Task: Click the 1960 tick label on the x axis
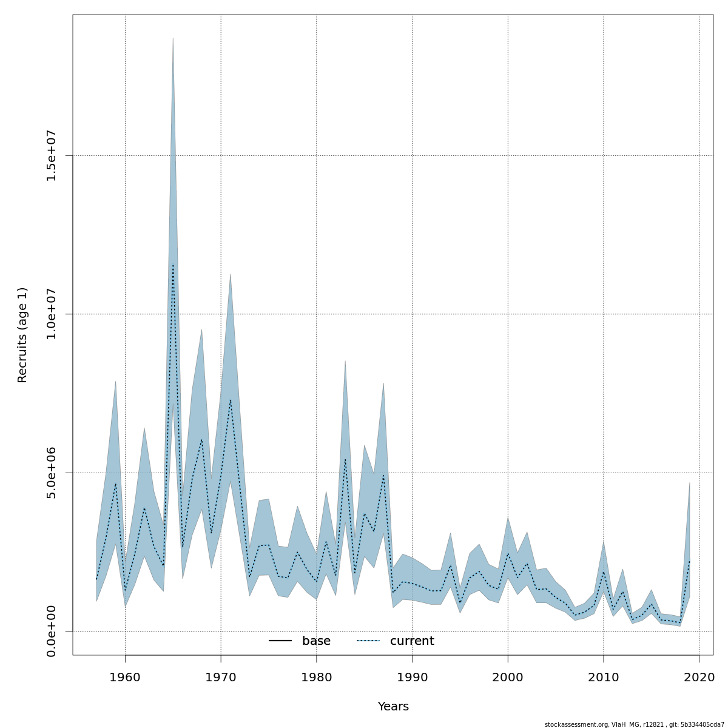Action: pos(125,676)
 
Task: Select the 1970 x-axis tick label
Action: pos(221,676)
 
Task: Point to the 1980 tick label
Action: pos(317,676)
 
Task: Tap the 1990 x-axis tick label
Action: pos(412,676)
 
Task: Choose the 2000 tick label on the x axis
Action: pos(508,676)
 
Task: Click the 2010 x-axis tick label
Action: pos(604,676)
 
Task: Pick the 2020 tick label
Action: pos(699,676)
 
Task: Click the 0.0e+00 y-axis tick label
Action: pos(52,631)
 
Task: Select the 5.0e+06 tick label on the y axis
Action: pos(52,473)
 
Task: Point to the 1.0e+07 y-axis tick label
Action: pos(52,314)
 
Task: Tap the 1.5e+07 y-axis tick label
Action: pos(52,156)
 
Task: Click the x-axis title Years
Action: pos(393,707)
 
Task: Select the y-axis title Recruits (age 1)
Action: pos(22,335)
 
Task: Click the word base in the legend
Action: pos(316,641)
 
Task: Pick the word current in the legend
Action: pos(412,641)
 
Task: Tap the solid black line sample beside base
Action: pos(280,641)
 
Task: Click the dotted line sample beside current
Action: pos(368,641)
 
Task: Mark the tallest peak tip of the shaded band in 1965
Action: pos(173,38)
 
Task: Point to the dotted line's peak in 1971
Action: pos(231,400)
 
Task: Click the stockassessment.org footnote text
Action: pos(634,724)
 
